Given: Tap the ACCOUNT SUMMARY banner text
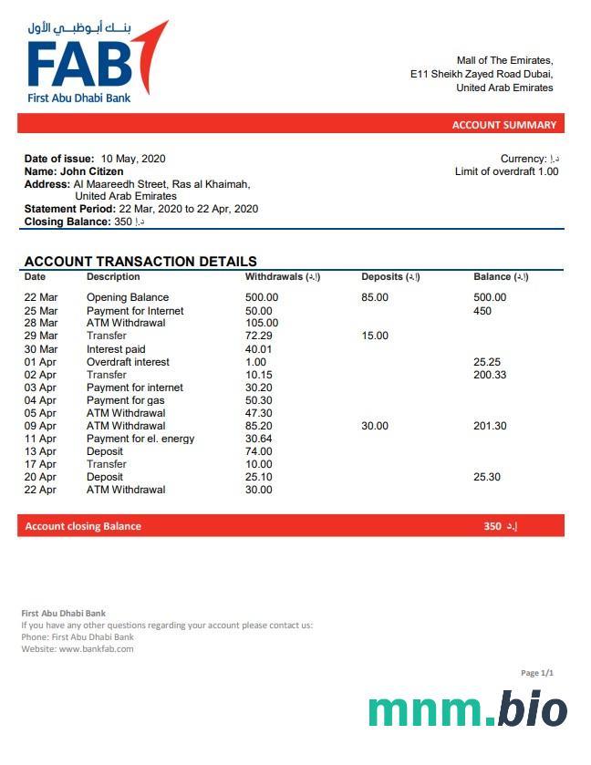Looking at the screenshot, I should coord(503,125).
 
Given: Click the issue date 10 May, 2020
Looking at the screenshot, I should coord(133,159).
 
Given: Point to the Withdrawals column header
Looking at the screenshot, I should coord(282,276).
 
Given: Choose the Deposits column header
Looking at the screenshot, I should coord(390,276).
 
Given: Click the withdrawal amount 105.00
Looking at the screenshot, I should coord(262,323).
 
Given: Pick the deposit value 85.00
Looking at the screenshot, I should coord(375,297).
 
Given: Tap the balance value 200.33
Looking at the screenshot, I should coord(490,375).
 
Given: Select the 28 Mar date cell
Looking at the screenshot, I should coord(40,323).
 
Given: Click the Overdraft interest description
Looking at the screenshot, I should coord(128,362).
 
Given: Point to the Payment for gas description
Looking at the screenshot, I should coord(126,400).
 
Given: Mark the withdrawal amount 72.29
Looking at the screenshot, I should coord(259,336).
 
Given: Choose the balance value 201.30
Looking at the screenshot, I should coord(490,426).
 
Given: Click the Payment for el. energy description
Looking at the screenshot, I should coord(140,439).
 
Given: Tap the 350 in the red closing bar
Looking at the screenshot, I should coord(493,526).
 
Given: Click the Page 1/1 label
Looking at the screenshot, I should coord(537,673).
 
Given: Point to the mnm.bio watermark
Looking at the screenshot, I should coord(467,710).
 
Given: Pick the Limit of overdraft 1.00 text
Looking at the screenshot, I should coord(506,171).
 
